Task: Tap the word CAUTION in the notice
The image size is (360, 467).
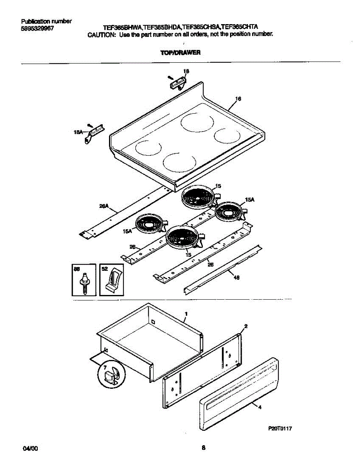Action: click(101, 34)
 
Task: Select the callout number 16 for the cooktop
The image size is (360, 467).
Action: click(238, 99)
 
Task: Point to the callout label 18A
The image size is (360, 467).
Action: click(78, 133)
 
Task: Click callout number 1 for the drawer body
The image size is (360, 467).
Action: click(186, 313)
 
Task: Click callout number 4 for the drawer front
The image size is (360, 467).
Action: click(260, 407)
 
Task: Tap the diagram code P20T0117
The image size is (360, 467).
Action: click(280, 428)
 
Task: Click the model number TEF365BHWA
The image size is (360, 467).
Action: click(122, 27)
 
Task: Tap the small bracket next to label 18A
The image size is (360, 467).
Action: click(93, 132)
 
